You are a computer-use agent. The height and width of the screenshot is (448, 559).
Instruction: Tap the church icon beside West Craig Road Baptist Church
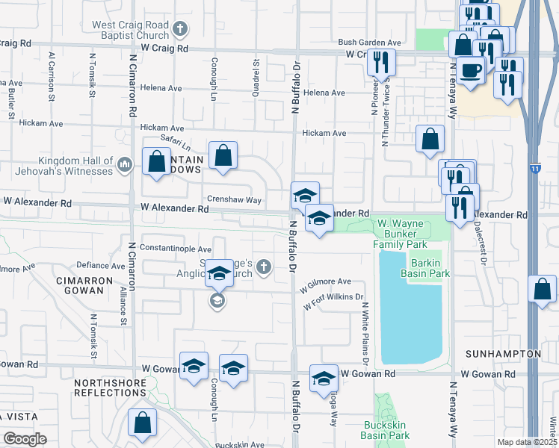pyautogui.click(x=179, y=30)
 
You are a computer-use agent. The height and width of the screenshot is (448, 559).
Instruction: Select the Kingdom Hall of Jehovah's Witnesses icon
pyautogui.click(x=125, y=162)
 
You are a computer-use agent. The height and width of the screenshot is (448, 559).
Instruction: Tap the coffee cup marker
pyautogui.click(x=470, y=72)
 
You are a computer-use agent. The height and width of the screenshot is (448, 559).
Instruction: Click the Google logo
pyautogui.click(x=25, y=438)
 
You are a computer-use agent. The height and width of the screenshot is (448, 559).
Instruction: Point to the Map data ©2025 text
pyautogui.click(x=526, y=442)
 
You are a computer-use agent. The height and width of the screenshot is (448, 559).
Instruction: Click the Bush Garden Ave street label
pyautogui.click(x=370, y=43)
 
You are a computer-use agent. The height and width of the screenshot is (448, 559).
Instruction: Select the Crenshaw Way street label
pyautogui.click(x=234, y=200)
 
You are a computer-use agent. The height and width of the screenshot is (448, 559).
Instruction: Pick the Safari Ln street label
pyautogui.click(x=176, y=140)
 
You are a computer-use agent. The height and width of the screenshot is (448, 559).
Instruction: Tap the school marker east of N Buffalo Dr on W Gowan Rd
pyautogui.click(x=324, y=377)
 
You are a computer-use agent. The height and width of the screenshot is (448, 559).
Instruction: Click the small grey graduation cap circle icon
pyautogui.click(x=217, y=301)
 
